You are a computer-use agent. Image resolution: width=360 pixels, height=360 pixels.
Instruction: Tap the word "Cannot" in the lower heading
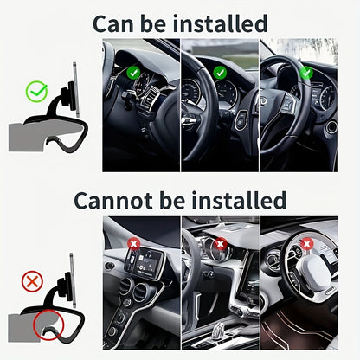click(x=111, y=200)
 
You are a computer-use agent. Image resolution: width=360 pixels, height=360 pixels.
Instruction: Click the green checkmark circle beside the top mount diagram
click(x=36, y=90)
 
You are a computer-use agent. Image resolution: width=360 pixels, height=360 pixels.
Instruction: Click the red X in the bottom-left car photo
click(x=133, y=245)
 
